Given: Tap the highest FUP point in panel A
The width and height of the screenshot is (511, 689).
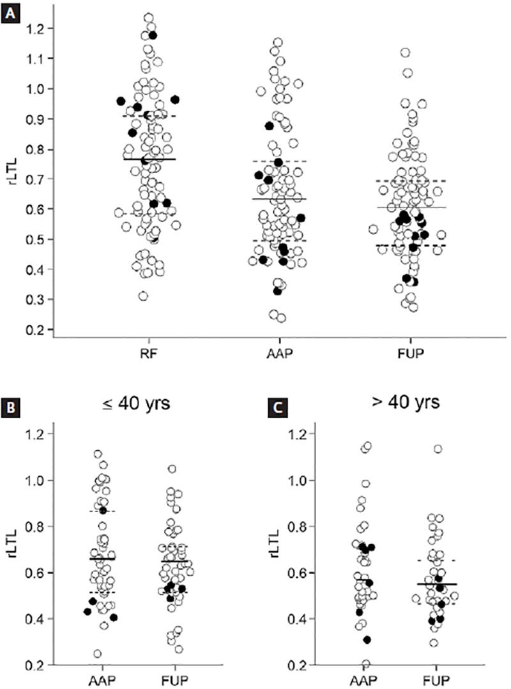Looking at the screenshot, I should [405, 52].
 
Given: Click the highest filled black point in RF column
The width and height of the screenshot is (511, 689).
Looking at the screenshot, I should [153, 35].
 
